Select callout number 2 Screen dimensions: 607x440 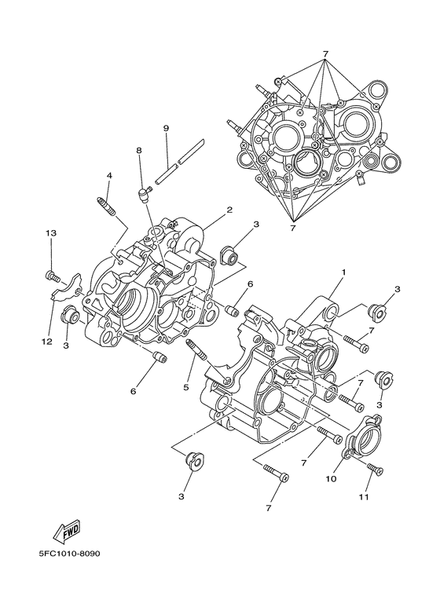pos(229,210)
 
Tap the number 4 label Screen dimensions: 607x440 pos(109,175)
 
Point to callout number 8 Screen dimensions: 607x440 pos(138,149)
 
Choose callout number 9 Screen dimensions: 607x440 pos(167,128)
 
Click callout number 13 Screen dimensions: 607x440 pos(51,233)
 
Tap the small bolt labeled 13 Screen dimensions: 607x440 pos(53,274)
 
